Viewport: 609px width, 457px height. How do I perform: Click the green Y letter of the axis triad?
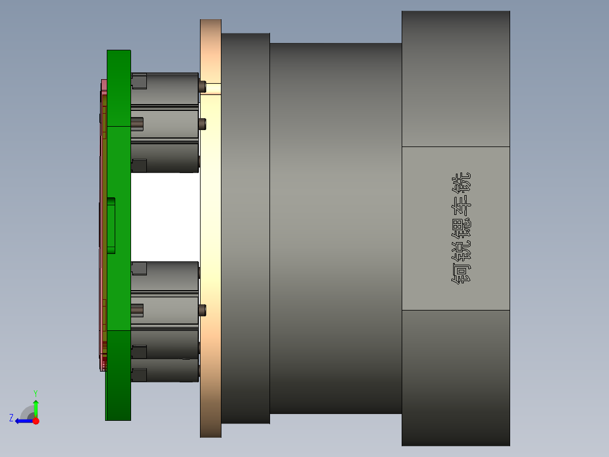tap(35, 393)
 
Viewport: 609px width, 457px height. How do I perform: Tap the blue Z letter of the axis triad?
tap(11, 417)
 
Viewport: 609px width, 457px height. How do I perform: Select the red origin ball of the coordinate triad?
tap(36, 421)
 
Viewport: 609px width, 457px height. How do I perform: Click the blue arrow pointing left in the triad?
tap(23, 421)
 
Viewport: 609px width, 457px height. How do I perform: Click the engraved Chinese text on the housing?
tap(462, 228)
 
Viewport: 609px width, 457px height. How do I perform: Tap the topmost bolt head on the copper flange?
tap(202, 86)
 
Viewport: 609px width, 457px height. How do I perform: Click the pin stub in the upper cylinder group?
tap(137, 123)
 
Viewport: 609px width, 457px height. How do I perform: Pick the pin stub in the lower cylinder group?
tap(137, 309)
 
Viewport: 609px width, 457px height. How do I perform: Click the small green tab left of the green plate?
tap(111, 225)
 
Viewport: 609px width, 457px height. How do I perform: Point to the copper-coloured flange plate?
tap(210, 226)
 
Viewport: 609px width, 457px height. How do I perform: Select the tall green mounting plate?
tap(119, 226)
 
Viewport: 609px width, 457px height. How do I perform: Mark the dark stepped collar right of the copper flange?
tap(245, 226)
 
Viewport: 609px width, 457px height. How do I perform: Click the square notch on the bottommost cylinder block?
tap(139, 374)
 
